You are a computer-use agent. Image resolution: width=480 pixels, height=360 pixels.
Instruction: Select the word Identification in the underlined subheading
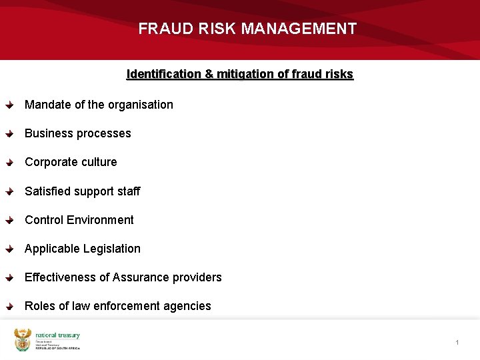pos(163,74)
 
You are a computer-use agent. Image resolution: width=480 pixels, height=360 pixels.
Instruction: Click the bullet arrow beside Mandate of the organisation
pos(9,105)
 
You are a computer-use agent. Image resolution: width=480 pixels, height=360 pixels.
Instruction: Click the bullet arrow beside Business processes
pos(9,134)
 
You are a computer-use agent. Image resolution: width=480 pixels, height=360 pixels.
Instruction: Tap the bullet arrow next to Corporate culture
pos(9,163)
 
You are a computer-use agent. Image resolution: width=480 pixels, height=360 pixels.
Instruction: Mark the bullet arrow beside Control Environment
pos(9,221)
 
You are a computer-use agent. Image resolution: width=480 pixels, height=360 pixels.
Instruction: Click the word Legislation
pos(111,249)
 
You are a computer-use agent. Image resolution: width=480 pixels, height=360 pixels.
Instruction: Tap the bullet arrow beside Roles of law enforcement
pos(9,307)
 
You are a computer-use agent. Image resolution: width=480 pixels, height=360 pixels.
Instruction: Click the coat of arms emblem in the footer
pos(23,340)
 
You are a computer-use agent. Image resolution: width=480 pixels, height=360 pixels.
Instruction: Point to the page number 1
pos(457,343)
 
